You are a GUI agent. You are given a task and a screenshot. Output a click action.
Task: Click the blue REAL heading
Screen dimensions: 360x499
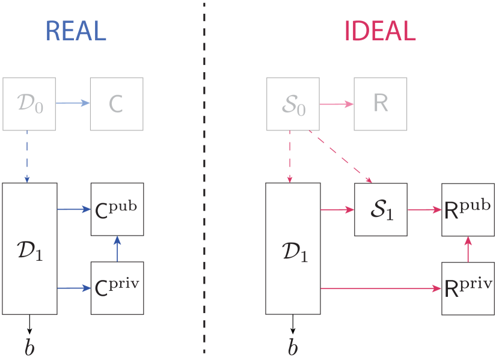coord(76,32)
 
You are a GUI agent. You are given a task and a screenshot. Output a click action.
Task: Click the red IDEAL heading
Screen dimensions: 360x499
coord(379,32)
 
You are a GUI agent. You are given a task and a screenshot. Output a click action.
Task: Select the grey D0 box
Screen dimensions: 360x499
coord(29,103)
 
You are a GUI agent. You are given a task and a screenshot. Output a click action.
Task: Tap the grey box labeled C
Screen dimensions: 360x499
coord(117,103)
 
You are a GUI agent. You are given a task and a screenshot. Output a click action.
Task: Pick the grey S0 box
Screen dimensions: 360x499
coord(293,103)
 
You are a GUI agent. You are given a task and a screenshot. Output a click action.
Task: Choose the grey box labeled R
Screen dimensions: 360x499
coord(380,103)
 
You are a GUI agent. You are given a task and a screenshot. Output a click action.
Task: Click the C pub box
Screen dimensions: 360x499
coord(117,209)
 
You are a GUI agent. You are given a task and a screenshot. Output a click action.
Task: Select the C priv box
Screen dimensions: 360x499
coord(117,287)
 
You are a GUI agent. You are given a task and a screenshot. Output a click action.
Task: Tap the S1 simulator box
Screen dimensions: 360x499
coord(381,210)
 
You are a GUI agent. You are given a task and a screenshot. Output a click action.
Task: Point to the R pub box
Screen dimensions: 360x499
coord(468,209)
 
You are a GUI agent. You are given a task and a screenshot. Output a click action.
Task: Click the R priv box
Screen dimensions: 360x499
coord(468,288)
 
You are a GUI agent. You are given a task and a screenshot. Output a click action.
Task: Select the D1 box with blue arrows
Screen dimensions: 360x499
coord(29,248)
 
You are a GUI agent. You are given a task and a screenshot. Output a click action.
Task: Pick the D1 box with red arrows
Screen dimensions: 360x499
coord(293,248)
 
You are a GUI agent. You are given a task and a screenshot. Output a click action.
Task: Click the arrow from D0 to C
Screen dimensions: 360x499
coord(73,103)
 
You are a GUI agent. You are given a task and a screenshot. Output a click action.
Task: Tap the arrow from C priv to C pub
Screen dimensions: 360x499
coord(117,248)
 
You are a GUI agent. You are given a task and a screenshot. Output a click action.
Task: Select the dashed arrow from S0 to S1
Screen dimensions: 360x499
coord(340,157)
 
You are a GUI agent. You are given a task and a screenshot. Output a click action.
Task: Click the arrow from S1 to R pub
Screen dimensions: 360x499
coord(424,210)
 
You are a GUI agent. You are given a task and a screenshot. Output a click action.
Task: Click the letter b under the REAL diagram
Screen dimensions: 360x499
coord(29,347)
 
